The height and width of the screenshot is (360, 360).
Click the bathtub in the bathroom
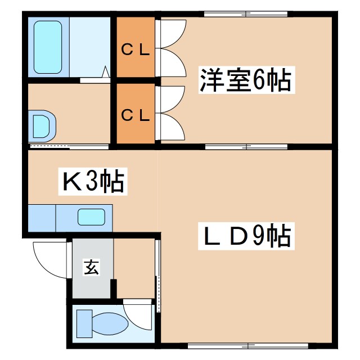(x=48, y=47)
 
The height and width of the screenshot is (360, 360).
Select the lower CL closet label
(x=136, y=115)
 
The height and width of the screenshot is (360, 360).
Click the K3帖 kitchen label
(x=93, y=182)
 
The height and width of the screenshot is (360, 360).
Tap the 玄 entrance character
(x=92, y=268)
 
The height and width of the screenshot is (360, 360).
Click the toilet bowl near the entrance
(x=110, y=324)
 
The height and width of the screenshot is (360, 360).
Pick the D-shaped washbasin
(x=43, y=124)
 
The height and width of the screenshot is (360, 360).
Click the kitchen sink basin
(x=91, y=217)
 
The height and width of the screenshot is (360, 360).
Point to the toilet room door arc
(x=137, y=313)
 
